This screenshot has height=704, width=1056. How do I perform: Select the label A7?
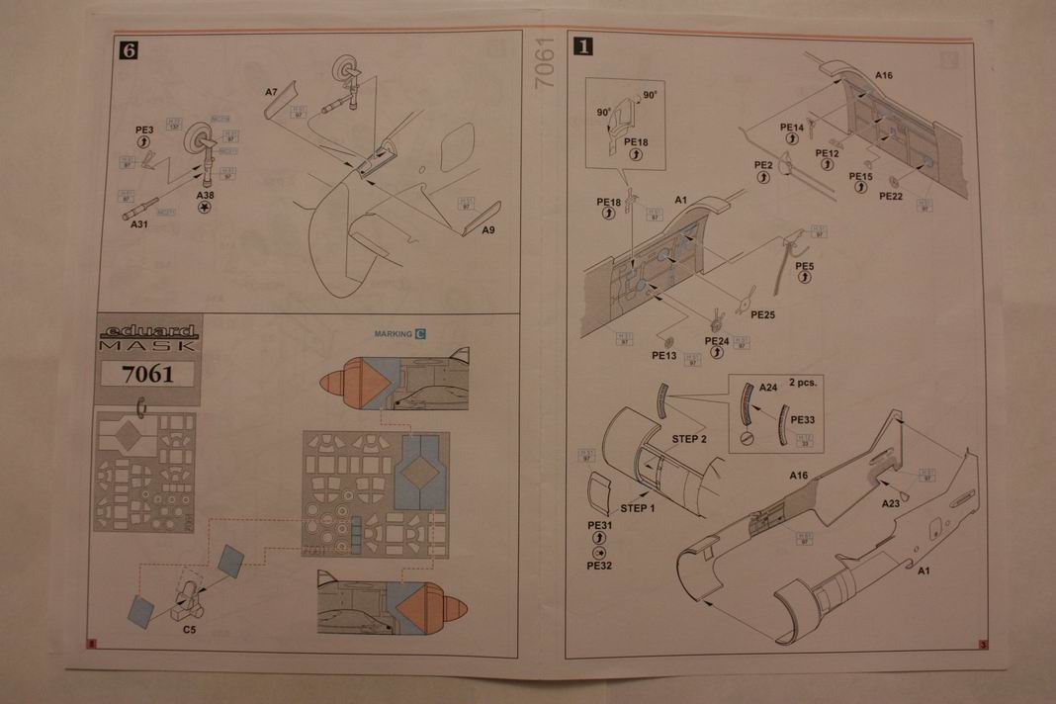tap(271, 91)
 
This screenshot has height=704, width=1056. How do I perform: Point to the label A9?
tap(488, 230)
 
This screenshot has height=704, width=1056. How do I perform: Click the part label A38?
tap(205, 196)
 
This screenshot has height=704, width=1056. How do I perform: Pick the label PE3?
tap(144, 130)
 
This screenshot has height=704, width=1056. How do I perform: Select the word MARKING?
tap(393, 334)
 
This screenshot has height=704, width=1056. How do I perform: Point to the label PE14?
tap(792, 127)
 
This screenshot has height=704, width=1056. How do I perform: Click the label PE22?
tap(891, 196)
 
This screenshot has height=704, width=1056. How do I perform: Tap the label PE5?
tap(804, 266)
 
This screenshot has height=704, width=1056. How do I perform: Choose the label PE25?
tap(762, 314)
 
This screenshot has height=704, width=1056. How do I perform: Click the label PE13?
tap(663, 355)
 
